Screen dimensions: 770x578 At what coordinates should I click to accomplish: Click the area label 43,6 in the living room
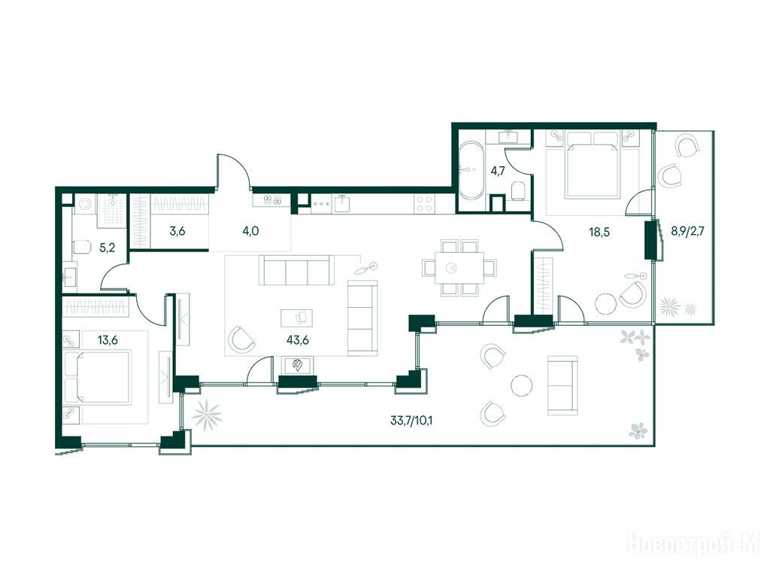point(298,339)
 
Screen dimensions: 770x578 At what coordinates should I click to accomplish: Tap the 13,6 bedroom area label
point(108,339)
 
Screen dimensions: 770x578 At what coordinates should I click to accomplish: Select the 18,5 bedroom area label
point(599,232)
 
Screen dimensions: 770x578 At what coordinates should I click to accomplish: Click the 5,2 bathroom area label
point(107,248)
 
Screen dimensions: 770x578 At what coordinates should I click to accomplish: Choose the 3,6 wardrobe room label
point(177,231)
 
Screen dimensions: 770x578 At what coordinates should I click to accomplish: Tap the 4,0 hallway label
point(250,231)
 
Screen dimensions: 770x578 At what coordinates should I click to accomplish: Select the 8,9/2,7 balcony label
point(687,231)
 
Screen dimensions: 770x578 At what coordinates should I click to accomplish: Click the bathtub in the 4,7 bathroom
point(471,171)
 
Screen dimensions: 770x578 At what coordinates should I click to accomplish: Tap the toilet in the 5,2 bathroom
point(81,247)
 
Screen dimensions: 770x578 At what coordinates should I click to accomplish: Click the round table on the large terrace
point(522,386)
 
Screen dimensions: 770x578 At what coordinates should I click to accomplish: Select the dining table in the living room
point(453,268)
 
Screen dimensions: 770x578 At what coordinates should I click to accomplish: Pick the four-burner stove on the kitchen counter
point(424,204)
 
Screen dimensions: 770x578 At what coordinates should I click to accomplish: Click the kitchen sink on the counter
point(343,203)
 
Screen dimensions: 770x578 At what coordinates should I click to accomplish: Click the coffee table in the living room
point(296,318)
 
